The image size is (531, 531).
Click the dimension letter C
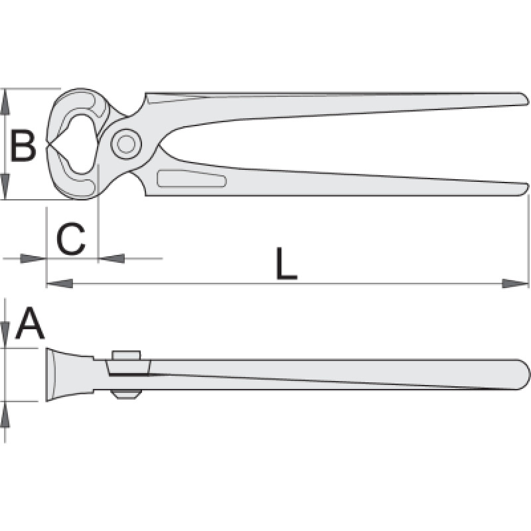pyautogui.click(x=71, y=239)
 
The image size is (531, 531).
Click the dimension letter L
pyautogui.click(x=287, y=264)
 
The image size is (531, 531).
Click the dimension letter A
pyautogui.click(x=30, y=323)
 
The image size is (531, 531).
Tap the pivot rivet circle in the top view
pyautogui.click(x=126, y=145)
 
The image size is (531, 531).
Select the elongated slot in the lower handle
pyautogui.click(x=192, y=178)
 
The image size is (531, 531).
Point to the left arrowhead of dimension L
pyautogui.click(x=60, y=283)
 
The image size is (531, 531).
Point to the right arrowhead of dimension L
pyautogui.click(x=515, y=283)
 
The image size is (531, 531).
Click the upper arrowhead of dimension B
pyautogui.click(x=5, y=102)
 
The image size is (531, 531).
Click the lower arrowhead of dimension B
pyautogui.click(x=5, y=187)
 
